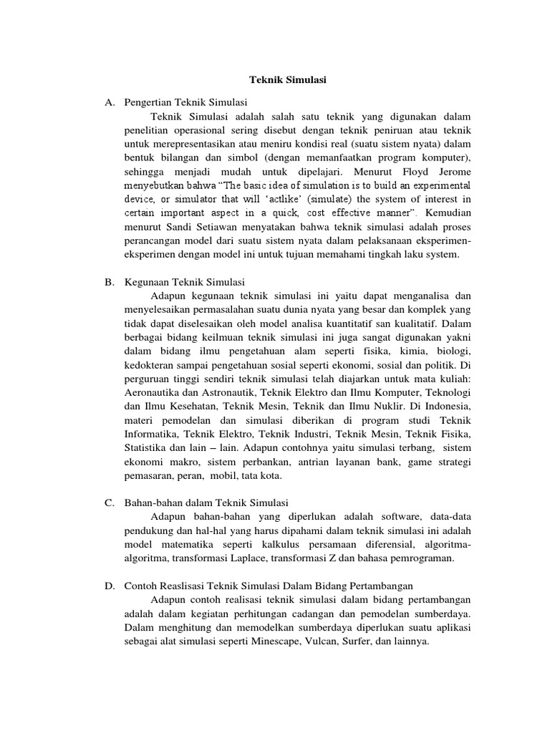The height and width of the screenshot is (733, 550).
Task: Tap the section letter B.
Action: pos(109,281)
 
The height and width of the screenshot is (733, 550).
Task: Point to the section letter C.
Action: pos(109,503)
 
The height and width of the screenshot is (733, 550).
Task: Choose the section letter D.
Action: pos(109,587)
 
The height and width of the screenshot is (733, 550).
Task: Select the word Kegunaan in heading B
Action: pos(148,281)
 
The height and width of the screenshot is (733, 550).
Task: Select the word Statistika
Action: pos(148,448)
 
